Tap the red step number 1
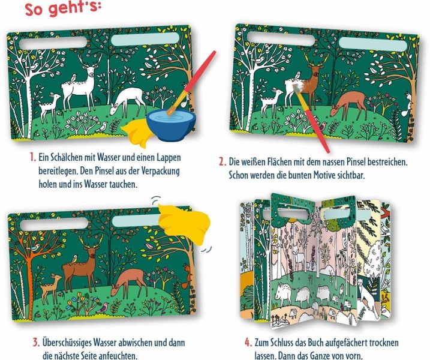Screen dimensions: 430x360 point(33,157)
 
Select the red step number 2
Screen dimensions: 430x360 point(222,161)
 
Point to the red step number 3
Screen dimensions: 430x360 point(37,343)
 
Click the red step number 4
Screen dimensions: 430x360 point(248,343)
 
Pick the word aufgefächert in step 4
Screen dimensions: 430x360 point(347,343)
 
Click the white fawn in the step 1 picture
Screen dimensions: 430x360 point(49,106)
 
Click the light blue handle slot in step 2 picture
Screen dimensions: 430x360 point(372,44)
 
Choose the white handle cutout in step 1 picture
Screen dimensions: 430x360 point(53,43)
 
